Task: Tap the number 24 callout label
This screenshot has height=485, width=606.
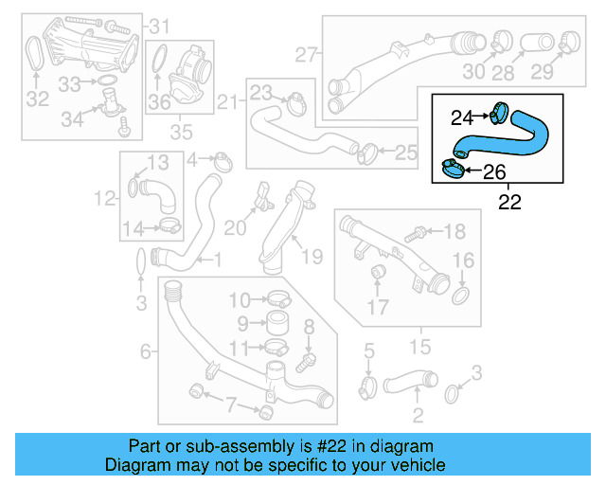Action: (x=461, y=117)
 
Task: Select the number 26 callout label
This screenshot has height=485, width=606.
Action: (x=495, y=172)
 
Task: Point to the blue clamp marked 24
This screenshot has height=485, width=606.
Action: (x=499, y=115)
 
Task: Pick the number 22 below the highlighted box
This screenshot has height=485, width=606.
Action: (x=509, y=202)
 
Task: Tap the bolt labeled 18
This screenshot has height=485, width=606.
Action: (x=415, y=232)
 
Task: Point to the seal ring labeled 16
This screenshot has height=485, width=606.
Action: (x=461, y=296)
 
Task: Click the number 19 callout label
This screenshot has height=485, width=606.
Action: (x=312, y=256)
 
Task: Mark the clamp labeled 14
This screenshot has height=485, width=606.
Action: (x=170, y=225)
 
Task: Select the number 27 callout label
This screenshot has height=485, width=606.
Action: (x=304, y=55)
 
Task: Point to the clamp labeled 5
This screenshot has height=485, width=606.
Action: (x=369, y=386)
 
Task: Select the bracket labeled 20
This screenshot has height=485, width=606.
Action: (x=260, y=202)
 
